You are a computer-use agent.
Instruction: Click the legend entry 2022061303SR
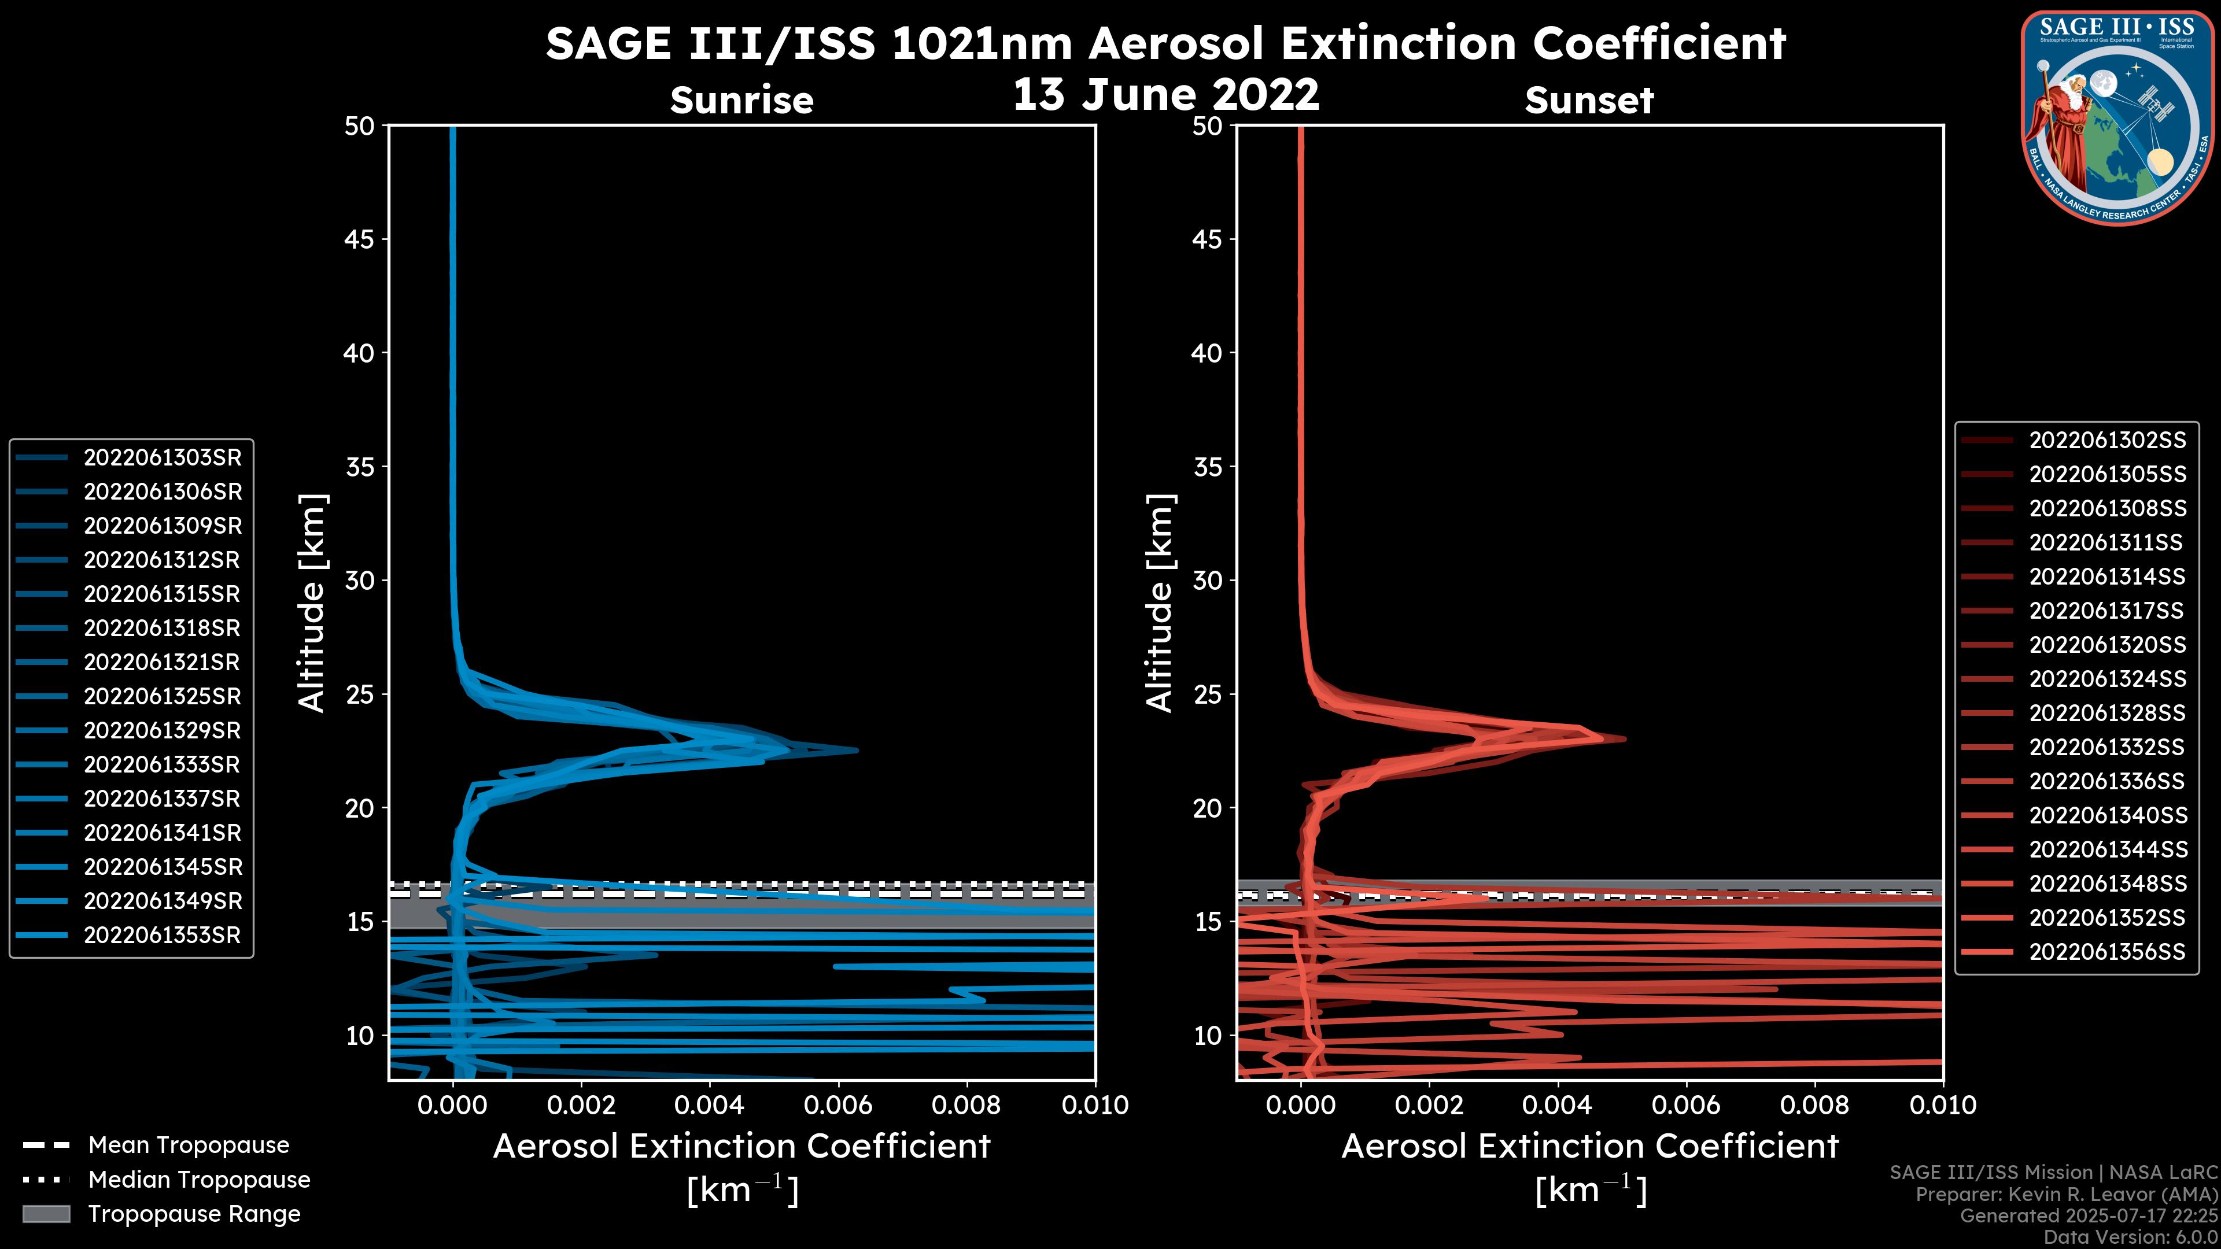tap(162, 458)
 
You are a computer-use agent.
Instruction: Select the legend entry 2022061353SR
tap(162, 935)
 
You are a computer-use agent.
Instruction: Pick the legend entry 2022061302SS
tap(2107, 441)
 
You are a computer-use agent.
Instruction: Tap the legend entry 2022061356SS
tap(2107, 952)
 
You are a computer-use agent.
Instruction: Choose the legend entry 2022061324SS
tap(2107, 679)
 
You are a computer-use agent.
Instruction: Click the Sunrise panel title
tap(741, 101)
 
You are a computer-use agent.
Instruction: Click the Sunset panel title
tap(1589, 101)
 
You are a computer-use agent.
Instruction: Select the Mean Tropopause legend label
tap(189, 1145)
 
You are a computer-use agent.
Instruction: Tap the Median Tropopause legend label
tap(199, 1180)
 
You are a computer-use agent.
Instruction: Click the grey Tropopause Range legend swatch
tap(46, 1214)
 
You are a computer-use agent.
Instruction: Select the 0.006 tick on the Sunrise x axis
tap(837, 1105)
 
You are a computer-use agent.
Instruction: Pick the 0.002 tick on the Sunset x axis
tap(1429, 1105)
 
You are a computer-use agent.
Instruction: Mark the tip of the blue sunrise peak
tap(857, 750)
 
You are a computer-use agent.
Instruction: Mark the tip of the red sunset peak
tap(1625, 739)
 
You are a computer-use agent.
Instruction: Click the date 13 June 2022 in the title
tap(1165, 95)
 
